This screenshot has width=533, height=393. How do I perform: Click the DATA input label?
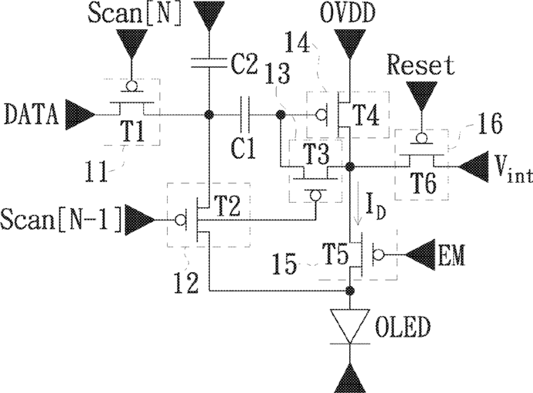32,114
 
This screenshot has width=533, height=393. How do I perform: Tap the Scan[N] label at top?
135,14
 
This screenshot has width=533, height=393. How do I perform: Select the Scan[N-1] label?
61,220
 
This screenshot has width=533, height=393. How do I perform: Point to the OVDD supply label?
348,14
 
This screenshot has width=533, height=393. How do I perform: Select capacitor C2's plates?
208,62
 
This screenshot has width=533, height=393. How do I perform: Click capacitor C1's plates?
245,114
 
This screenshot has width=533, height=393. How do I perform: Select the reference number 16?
490,123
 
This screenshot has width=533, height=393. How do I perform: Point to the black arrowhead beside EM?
421,255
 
